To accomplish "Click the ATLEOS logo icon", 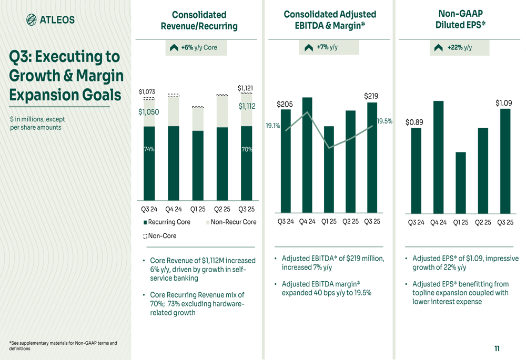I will (32, 20).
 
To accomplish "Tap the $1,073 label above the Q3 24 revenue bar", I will (147, 92).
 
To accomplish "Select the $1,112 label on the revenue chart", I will (247, 106).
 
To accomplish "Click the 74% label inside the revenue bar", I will (149, 149).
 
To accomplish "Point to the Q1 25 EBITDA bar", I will (329, 169).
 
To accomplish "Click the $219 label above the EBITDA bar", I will (371, 96).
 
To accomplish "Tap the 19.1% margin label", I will (272, 126).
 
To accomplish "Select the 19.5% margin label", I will (385, 121).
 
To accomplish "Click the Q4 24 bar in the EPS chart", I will (438, 157).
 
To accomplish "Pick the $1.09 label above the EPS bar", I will (504, 103).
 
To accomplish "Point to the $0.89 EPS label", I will (414, 122).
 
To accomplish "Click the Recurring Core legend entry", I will (167, 222).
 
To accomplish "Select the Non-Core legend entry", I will (160, 236).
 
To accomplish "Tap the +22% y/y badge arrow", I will (438, 48).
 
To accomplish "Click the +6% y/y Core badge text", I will (199, 47).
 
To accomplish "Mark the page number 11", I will (497, 348).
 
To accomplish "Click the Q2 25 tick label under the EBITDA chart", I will (350, 221).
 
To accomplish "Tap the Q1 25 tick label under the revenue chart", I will (198, 209).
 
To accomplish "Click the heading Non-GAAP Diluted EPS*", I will (461, 19).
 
